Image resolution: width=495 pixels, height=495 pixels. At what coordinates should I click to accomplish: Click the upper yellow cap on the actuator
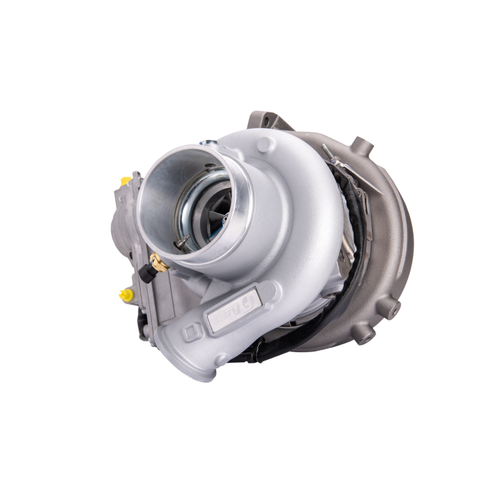126,181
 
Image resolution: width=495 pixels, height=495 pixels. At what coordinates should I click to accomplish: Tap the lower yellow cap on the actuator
126,295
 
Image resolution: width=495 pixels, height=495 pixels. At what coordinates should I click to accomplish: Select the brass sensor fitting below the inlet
159,264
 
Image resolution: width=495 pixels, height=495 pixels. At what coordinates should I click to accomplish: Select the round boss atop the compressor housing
266,144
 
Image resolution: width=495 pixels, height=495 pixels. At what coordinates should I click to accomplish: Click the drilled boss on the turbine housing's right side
388,308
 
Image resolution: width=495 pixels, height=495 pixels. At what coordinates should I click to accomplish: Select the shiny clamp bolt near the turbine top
330,151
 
